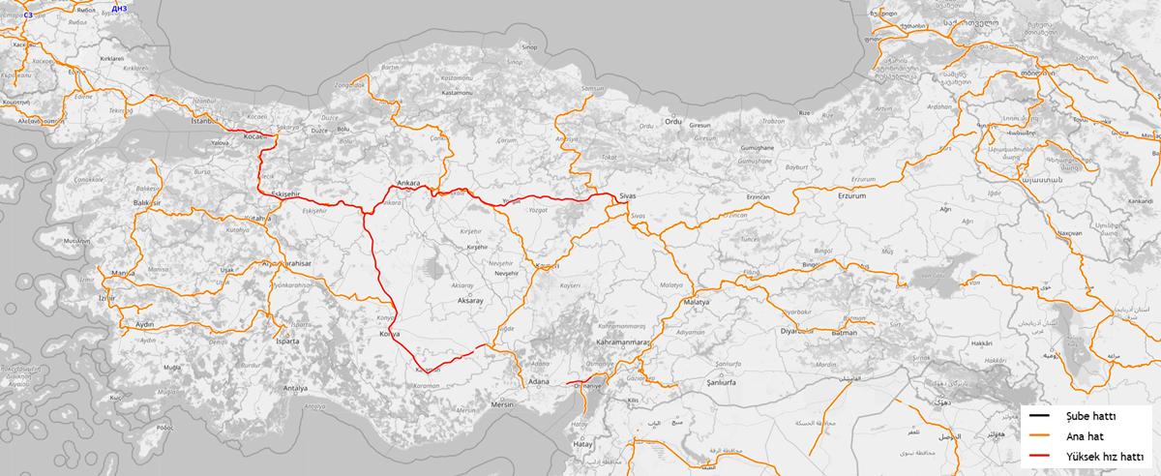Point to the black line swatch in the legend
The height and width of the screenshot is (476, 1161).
click(x=1041, y=417)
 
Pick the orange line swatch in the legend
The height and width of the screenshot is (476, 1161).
click(x=1041, y=437)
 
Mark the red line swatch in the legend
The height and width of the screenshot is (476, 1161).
click(x=1041, y=458)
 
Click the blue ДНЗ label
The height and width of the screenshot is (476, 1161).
click(x=119, y=7)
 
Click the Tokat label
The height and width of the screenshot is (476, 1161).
click(x=609, y=157)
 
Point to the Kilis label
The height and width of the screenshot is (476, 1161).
click(x=634, y=401)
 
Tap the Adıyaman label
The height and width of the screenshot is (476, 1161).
click(x=690, y=332)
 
